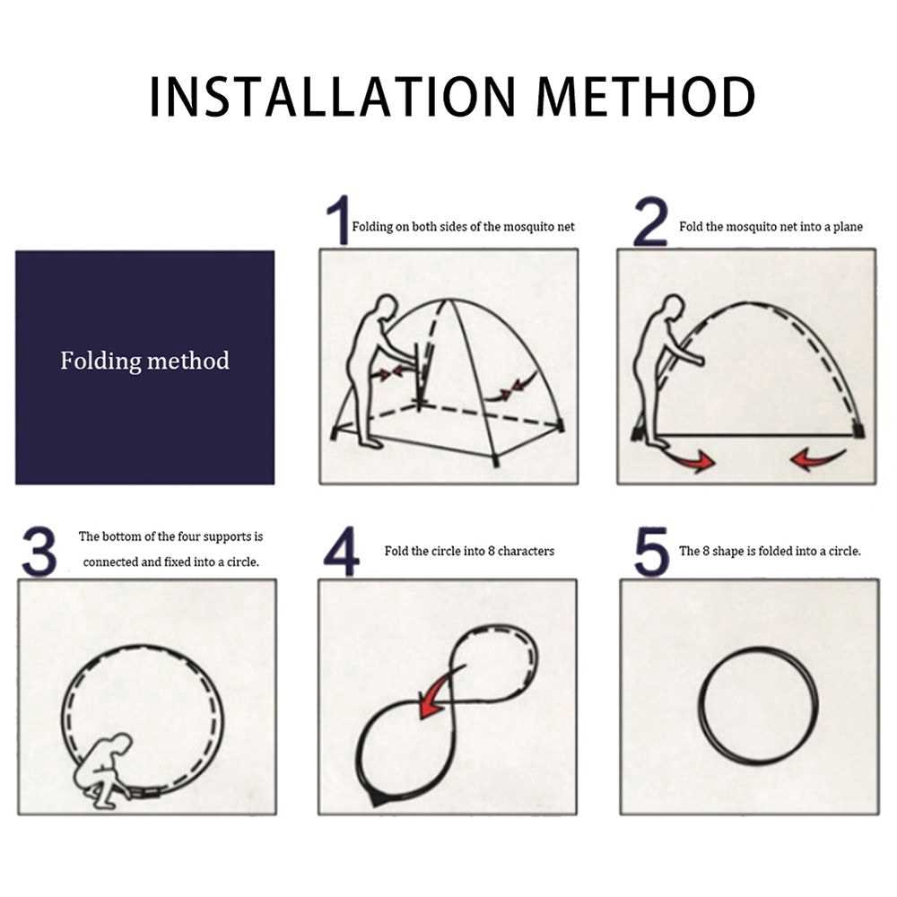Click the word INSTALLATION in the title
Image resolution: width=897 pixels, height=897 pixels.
point(333,96)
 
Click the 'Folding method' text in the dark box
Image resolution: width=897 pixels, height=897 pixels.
point(144,361)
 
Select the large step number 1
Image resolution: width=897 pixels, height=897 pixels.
point(338,221)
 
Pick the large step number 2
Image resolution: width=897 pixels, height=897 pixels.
point(650,222)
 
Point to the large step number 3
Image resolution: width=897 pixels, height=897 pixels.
point(39,552)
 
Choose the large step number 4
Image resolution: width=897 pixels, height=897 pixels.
point(342,552)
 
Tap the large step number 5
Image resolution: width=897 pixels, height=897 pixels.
point(651,552)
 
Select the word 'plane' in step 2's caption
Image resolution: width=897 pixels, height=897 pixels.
point(848,227)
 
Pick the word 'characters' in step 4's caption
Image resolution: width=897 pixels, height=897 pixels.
point(526,551)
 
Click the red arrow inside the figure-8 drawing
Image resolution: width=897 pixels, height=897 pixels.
point(440,691)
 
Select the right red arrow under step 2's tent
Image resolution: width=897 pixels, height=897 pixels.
point(819,457)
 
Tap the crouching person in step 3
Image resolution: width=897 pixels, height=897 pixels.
point(103,770)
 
